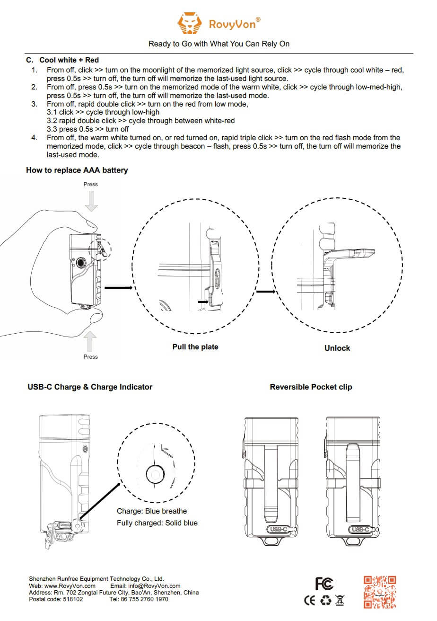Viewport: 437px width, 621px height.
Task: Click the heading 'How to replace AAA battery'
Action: point(77,170)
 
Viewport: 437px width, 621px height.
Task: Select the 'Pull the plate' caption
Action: point(195,347)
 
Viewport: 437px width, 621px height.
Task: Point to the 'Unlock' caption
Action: point(337,348)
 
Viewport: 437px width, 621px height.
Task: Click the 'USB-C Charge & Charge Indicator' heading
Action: point(90,387)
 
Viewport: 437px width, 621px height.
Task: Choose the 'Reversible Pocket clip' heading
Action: point(311,387)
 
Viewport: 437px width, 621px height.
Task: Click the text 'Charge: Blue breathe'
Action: point(152,511)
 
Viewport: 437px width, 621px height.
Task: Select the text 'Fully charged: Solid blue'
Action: point(157,523)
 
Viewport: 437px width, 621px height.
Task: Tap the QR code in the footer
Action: point(380,592)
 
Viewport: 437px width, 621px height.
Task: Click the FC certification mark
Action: point(324,584)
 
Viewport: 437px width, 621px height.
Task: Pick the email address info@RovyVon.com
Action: point(154,586)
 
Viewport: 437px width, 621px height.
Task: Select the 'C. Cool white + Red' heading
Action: point(62,60)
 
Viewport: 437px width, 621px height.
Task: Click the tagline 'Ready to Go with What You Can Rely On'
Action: point(219,44)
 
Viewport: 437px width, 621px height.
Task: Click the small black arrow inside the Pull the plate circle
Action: point(203,301)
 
